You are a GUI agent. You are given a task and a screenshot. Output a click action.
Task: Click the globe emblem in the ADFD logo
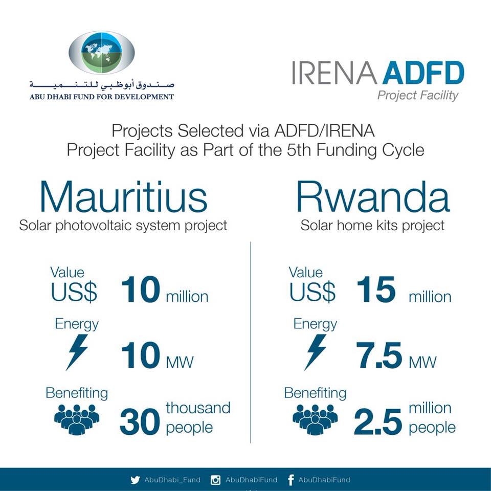tap(101, 53)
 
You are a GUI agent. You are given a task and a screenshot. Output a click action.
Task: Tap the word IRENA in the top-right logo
tap(334, 73)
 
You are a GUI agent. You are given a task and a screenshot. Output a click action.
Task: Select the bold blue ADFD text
tap(423, 73)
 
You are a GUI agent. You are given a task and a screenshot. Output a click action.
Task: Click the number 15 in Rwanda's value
tap(376, 290)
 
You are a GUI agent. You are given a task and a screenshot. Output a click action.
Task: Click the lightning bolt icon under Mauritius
tap(77, 352)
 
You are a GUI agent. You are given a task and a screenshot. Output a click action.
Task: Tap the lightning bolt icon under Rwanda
tap(316, 352)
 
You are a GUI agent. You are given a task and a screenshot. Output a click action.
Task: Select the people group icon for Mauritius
tap(77, 419)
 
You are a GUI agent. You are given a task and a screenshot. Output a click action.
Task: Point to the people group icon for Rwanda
tap(316, 419)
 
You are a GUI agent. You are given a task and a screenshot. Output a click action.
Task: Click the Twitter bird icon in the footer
tap(135, 480)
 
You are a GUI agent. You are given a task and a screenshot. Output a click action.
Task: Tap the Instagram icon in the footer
tap(215, 480)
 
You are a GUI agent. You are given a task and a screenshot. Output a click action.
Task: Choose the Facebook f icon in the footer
tap(291, 480)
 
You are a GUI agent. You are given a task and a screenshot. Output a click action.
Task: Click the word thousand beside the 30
tap(198, 408)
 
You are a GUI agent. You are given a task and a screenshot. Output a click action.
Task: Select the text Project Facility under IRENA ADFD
tap(418, 96)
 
